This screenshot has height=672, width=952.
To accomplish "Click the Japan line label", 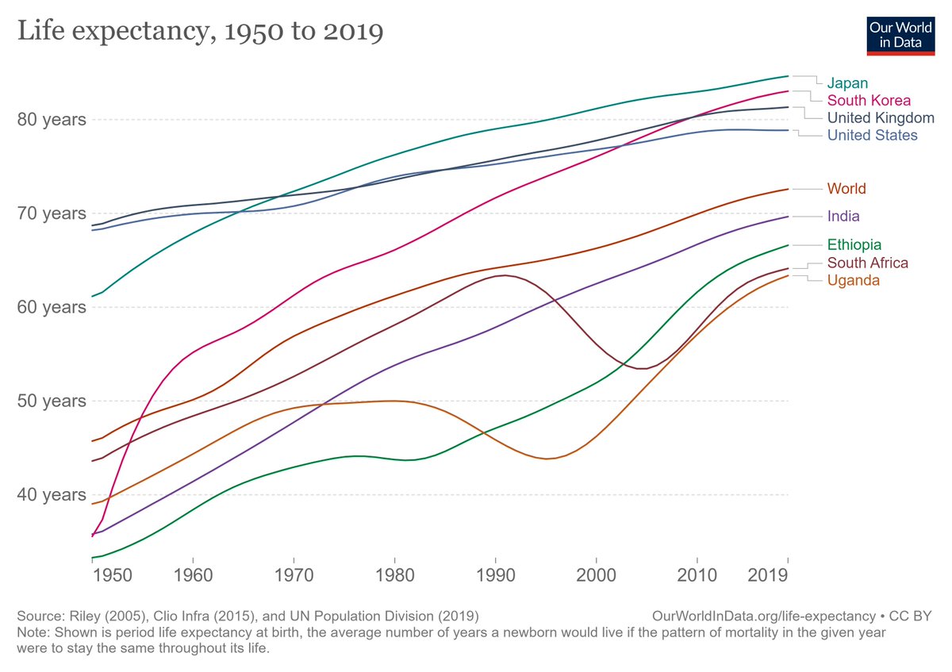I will click(847, 83).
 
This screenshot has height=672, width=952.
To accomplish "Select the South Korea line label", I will click(869, 100).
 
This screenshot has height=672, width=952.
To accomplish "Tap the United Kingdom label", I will click(881, 117).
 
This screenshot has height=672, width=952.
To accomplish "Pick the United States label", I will click(872, 135).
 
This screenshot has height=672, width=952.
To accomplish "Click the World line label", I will click(846, 189).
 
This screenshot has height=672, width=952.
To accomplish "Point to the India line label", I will click(843, 216).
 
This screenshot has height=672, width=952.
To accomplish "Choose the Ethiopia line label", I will click(854, 245).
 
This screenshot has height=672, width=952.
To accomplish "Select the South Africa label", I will click(868, 263).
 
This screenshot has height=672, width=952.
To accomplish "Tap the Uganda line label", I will click(853, 280).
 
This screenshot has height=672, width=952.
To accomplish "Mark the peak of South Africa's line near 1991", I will click(505, 275).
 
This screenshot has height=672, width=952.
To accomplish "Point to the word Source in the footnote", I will click(36, 616).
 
